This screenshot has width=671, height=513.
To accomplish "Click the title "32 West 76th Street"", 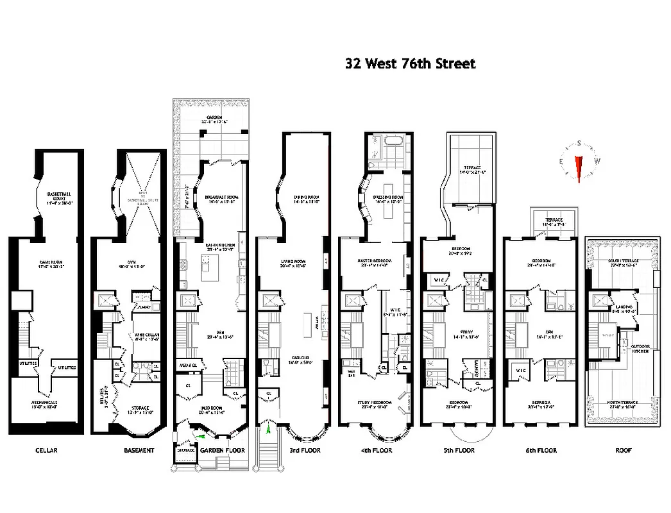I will point(411,63).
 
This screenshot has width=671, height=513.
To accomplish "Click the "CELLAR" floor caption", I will point(46,450).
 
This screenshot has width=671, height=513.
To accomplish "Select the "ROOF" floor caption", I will point(623,450).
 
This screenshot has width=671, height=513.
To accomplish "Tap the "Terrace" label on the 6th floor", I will point(554,221).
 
